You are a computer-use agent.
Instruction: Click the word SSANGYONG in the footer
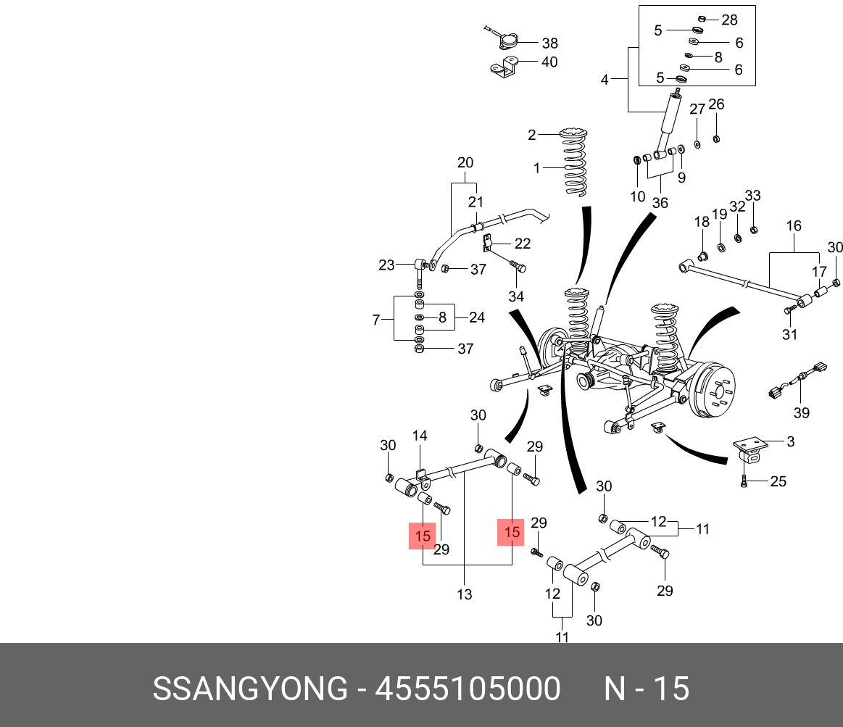pos(249,689)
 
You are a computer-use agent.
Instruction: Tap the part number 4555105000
pos(468,689)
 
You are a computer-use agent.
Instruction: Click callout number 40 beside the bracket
pos(549,62)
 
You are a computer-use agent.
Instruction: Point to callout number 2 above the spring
pos(532,135)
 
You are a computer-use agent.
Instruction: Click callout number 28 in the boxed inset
pos(729,19)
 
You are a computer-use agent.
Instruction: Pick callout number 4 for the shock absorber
pos(605,80)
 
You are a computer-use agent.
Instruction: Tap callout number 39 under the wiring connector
pos(801,413)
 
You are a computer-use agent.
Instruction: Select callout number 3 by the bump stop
pos(791,441)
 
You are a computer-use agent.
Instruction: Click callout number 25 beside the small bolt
pos(778,481)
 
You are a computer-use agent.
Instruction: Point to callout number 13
pos(465,594)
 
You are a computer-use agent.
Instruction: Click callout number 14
pos(420,436)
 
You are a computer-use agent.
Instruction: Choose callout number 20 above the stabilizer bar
pos(465,162)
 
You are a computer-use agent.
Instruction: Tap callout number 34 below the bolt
pos(516,296)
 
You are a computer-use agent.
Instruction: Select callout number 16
pos(794,226)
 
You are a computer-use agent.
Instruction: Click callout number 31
pos(789,334)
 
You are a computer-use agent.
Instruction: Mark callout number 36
pos(660,203)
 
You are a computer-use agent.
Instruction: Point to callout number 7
pos(376,320)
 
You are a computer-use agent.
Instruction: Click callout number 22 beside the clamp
pos(523,244)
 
